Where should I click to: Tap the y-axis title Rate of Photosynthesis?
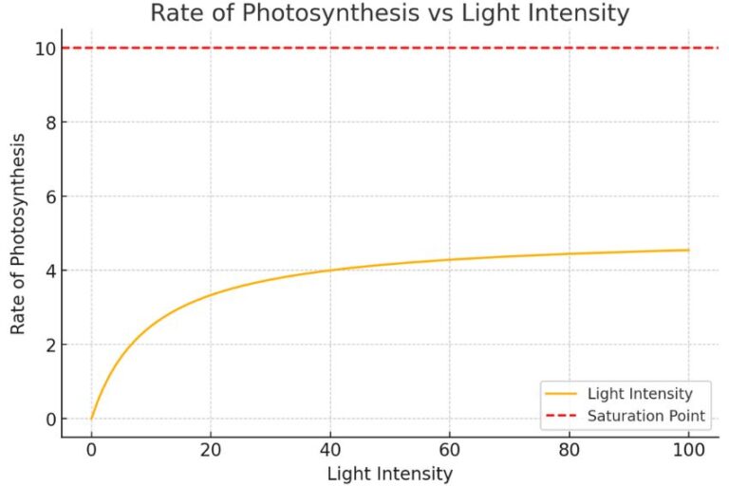pyautogui.click(x=18, y=234)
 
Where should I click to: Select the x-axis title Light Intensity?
pyautogui.click(x=389, y=473)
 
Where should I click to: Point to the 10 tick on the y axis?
pyautogui.click(x=42, y=47)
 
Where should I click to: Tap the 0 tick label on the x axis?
pyautogui.click(x=91, y=449)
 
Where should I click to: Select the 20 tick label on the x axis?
pyautogui.click(x=211, y=449)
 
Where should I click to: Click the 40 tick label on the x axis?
pyautogui.click(x=330, y=449)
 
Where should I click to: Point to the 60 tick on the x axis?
pyautogui.click(x=450, y=449)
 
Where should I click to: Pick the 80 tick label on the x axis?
pyautogui.click(x=569, y=449)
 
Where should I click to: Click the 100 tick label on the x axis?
pyautogui.click(x=688, y=449)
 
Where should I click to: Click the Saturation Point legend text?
pyautogui.click(x=646, y=416)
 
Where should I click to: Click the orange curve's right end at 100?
pyautogui.click(x=688, y=251)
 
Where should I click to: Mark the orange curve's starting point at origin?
pyautogui.click(x=91, y=419)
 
